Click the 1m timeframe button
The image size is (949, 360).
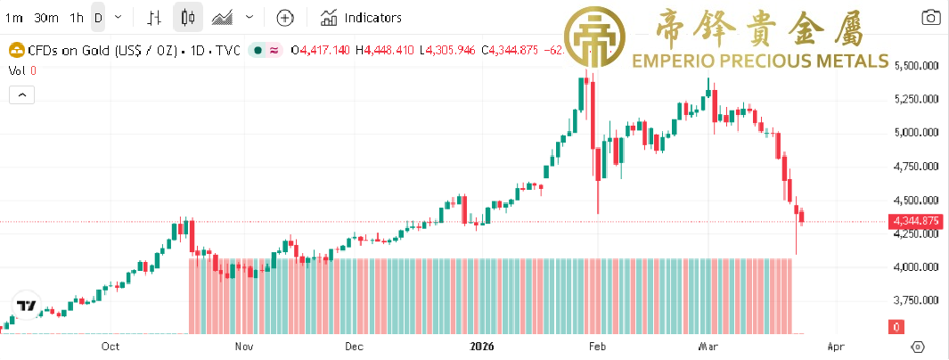tap(14, 18)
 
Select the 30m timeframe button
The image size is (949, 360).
tap(45, 18)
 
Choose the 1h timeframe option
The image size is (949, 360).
tap(77, 18)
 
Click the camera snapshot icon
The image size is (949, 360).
tap(930, 18)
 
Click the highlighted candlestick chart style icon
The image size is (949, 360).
tap(187, 18)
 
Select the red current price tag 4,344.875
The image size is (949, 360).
tap(915, 221)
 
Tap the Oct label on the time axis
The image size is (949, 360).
tap(110, 346)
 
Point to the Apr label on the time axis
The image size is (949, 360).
tap(835, 346)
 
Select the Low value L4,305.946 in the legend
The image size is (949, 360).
tap(446, 51)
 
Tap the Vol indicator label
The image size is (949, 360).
tap(17, 70)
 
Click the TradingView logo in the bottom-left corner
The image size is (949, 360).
tap(28, 305)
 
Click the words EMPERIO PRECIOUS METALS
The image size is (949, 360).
tap(759, 61)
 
